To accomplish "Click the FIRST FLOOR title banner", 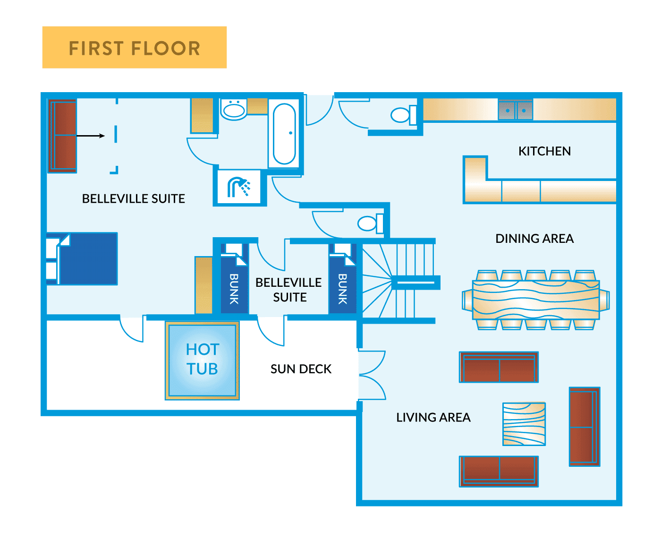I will point(135,48).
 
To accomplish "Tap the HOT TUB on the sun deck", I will point(202,360).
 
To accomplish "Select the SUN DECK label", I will point(301,369).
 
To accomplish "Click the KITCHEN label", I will point(544,151).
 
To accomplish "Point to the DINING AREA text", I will point(534,239).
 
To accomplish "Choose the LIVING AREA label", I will point(433,418).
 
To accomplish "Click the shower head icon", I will point(239,187).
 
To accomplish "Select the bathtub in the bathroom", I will point(284,134).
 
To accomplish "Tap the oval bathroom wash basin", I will point(234,110).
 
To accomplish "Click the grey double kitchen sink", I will point(516,111).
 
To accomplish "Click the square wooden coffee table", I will point(524,424).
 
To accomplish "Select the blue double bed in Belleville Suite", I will point(87,258).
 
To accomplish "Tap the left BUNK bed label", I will point(234,288).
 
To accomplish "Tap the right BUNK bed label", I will point(343,288).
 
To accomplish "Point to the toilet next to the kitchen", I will point(402,115).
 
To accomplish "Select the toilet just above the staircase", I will point(370,223).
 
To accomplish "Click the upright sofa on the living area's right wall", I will point(584,427).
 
